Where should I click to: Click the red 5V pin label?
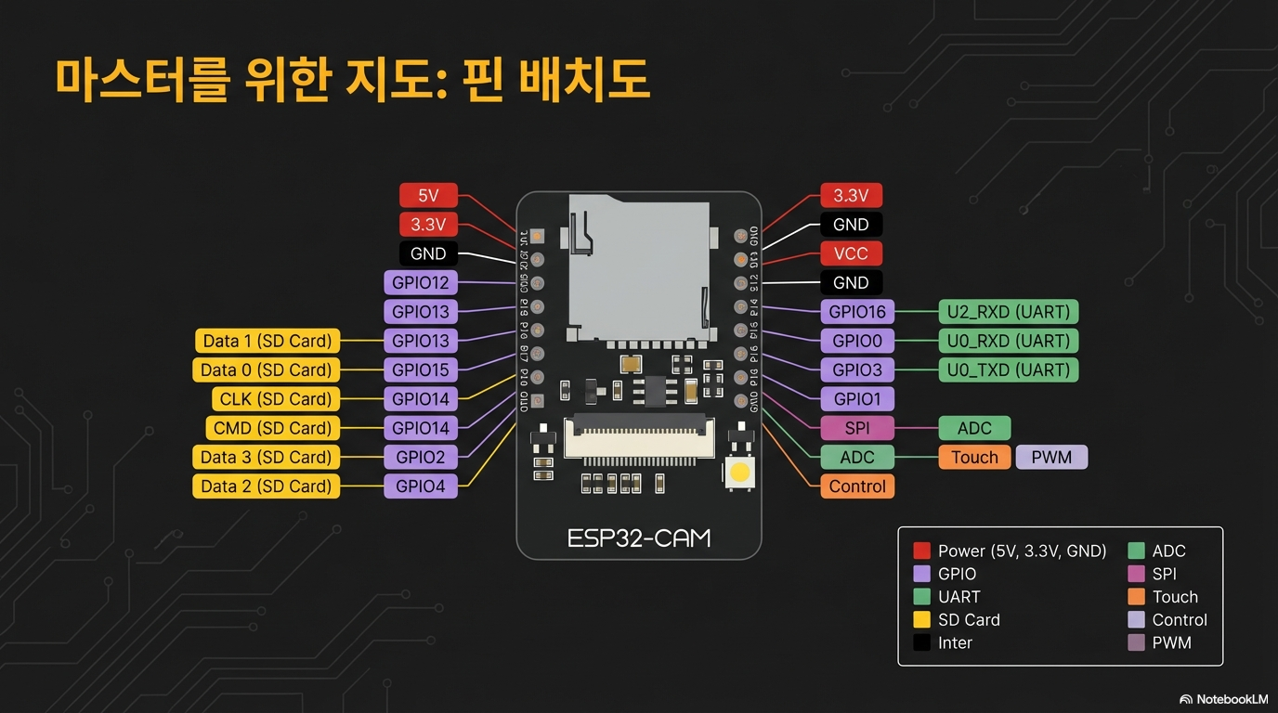pyautogui.click(x=427, y=195)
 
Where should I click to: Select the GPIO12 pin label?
pyautogui.click(x=420, y=282)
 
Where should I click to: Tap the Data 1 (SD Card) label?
pyautogui.click(x=267, y=341)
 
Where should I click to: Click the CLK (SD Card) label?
pyautogui.click(x=267, y=399)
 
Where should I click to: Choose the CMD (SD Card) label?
pyautogui.click(x=267, y=428)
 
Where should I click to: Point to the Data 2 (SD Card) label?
pyautogui.click(x=267, y=486)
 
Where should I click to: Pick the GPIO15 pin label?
pyautogui.click(x=420, y=369)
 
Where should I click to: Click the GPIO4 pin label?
pyautogui.click(x=420, y=486)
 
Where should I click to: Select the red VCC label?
pyautogui.click(x=851, y=253)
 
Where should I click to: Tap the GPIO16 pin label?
pyautogui.click(x=856, y=312)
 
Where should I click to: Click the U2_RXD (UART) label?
pyautogui.click(x=1008, y=312)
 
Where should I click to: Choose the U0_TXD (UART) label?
pyautogui.click(x=1008, y=369)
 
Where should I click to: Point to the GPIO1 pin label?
pyautogui.click(x=856, y=399)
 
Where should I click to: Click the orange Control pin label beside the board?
pyautogui.click(x=856, y=486)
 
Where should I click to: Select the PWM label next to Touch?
pyautogui.click(x=1051, y=457)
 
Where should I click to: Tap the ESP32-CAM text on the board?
pyautogui.click(x=639, y=538)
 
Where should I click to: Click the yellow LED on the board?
pyautogui.click(x=739, y=472)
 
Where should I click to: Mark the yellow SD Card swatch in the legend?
pyautogui.click(x=921, y=620)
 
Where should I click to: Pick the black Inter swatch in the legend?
pyautogui.click(x=921, y=642)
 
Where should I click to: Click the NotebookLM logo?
pyautogui.click(x=1223, y=699)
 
